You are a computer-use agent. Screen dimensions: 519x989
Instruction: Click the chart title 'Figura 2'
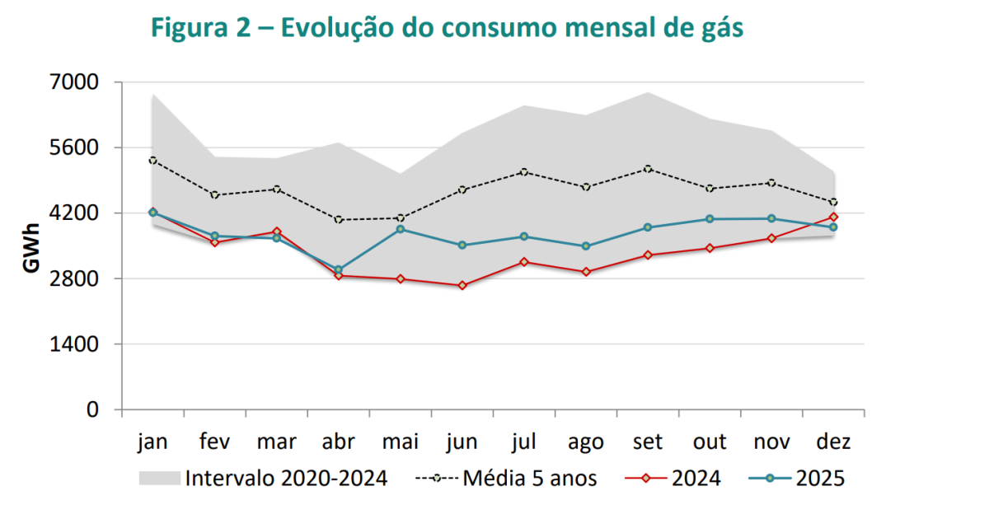click(448, 27)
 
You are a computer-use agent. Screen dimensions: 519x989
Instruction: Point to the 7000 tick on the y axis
click(76, 82)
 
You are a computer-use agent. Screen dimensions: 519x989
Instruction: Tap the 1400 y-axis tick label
click(76, 344)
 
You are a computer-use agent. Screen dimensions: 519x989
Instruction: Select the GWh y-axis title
click(30, 246)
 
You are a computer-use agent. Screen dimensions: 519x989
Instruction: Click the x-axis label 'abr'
click(338, 442)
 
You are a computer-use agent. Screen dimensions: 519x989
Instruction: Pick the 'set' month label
click(648, 442)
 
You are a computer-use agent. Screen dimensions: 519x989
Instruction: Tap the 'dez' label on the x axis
click(833, 442)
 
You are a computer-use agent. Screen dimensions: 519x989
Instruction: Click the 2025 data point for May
click(401, 229)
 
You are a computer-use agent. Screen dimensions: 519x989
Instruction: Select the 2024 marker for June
click(462, 286)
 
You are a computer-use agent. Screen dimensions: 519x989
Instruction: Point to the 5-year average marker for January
click(152, 161)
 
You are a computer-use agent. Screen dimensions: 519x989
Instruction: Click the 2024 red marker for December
click(833, 217)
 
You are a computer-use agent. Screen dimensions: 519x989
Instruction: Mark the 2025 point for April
click(338, 270)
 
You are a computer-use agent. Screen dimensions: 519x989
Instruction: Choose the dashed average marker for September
click(648, 169)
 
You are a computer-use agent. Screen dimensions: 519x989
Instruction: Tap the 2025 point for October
click(710, 219)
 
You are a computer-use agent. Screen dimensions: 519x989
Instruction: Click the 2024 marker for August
click(586, 272)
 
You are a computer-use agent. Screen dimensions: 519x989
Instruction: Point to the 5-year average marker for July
click(524, 172)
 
